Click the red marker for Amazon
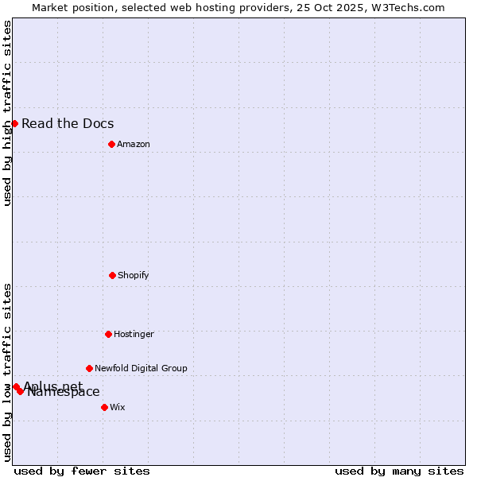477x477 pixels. pyautogui.click(x=111, y=144)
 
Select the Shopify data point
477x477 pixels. pyautogui.click(x=112, y=275)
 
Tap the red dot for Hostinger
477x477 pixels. pyautogui.click(x=108, y=334)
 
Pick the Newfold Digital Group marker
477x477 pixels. pyautogui.click(x=89, y=368)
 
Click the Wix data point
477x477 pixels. pyautogui.click(x=104, y=407)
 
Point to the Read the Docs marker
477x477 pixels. pyautogui.click(x=14, y=123)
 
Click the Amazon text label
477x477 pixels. pyautogui.click(x=134, y=144)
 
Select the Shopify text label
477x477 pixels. pyautogui.click(x=134, y=275)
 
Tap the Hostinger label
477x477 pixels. pyautogui.click(x=134, y=334)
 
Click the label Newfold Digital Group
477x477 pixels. pyautogui.click(x=141, y=368)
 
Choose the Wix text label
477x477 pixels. pyautogui.click(x=118, y=407)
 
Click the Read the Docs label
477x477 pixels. pyautogui.click(x=68, y=123)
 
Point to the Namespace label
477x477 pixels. pyautogui.click(x=64, y=392)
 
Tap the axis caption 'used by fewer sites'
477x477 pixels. pyautogui.click(x=82, y=471)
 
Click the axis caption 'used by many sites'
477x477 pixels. pyautogui.click(x=399, y=471)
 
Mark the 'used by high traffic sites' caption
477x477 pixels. pyautogui.click(x=7, y=113)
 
